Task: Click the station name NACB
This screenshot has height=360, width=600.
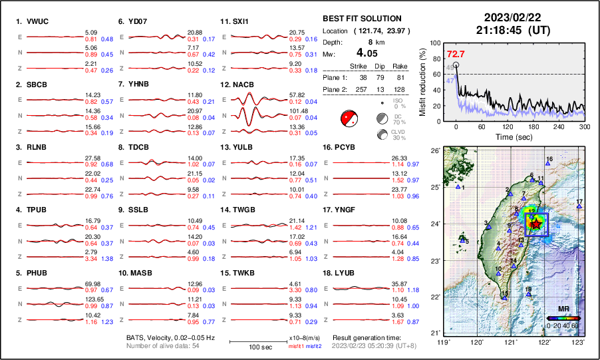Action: click(x=243, y=85)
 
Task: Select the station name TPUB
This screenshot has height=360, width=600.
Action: click(x=37, y=210)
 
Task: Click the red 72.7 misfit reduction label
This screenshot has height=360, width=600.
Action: click(x=456, y=54)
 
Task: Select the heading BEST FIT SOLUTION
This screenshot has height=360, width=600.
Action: click(x=362, y=19)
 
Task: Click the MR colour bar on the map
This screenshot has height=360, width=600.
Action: click(x=563, y=318)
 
